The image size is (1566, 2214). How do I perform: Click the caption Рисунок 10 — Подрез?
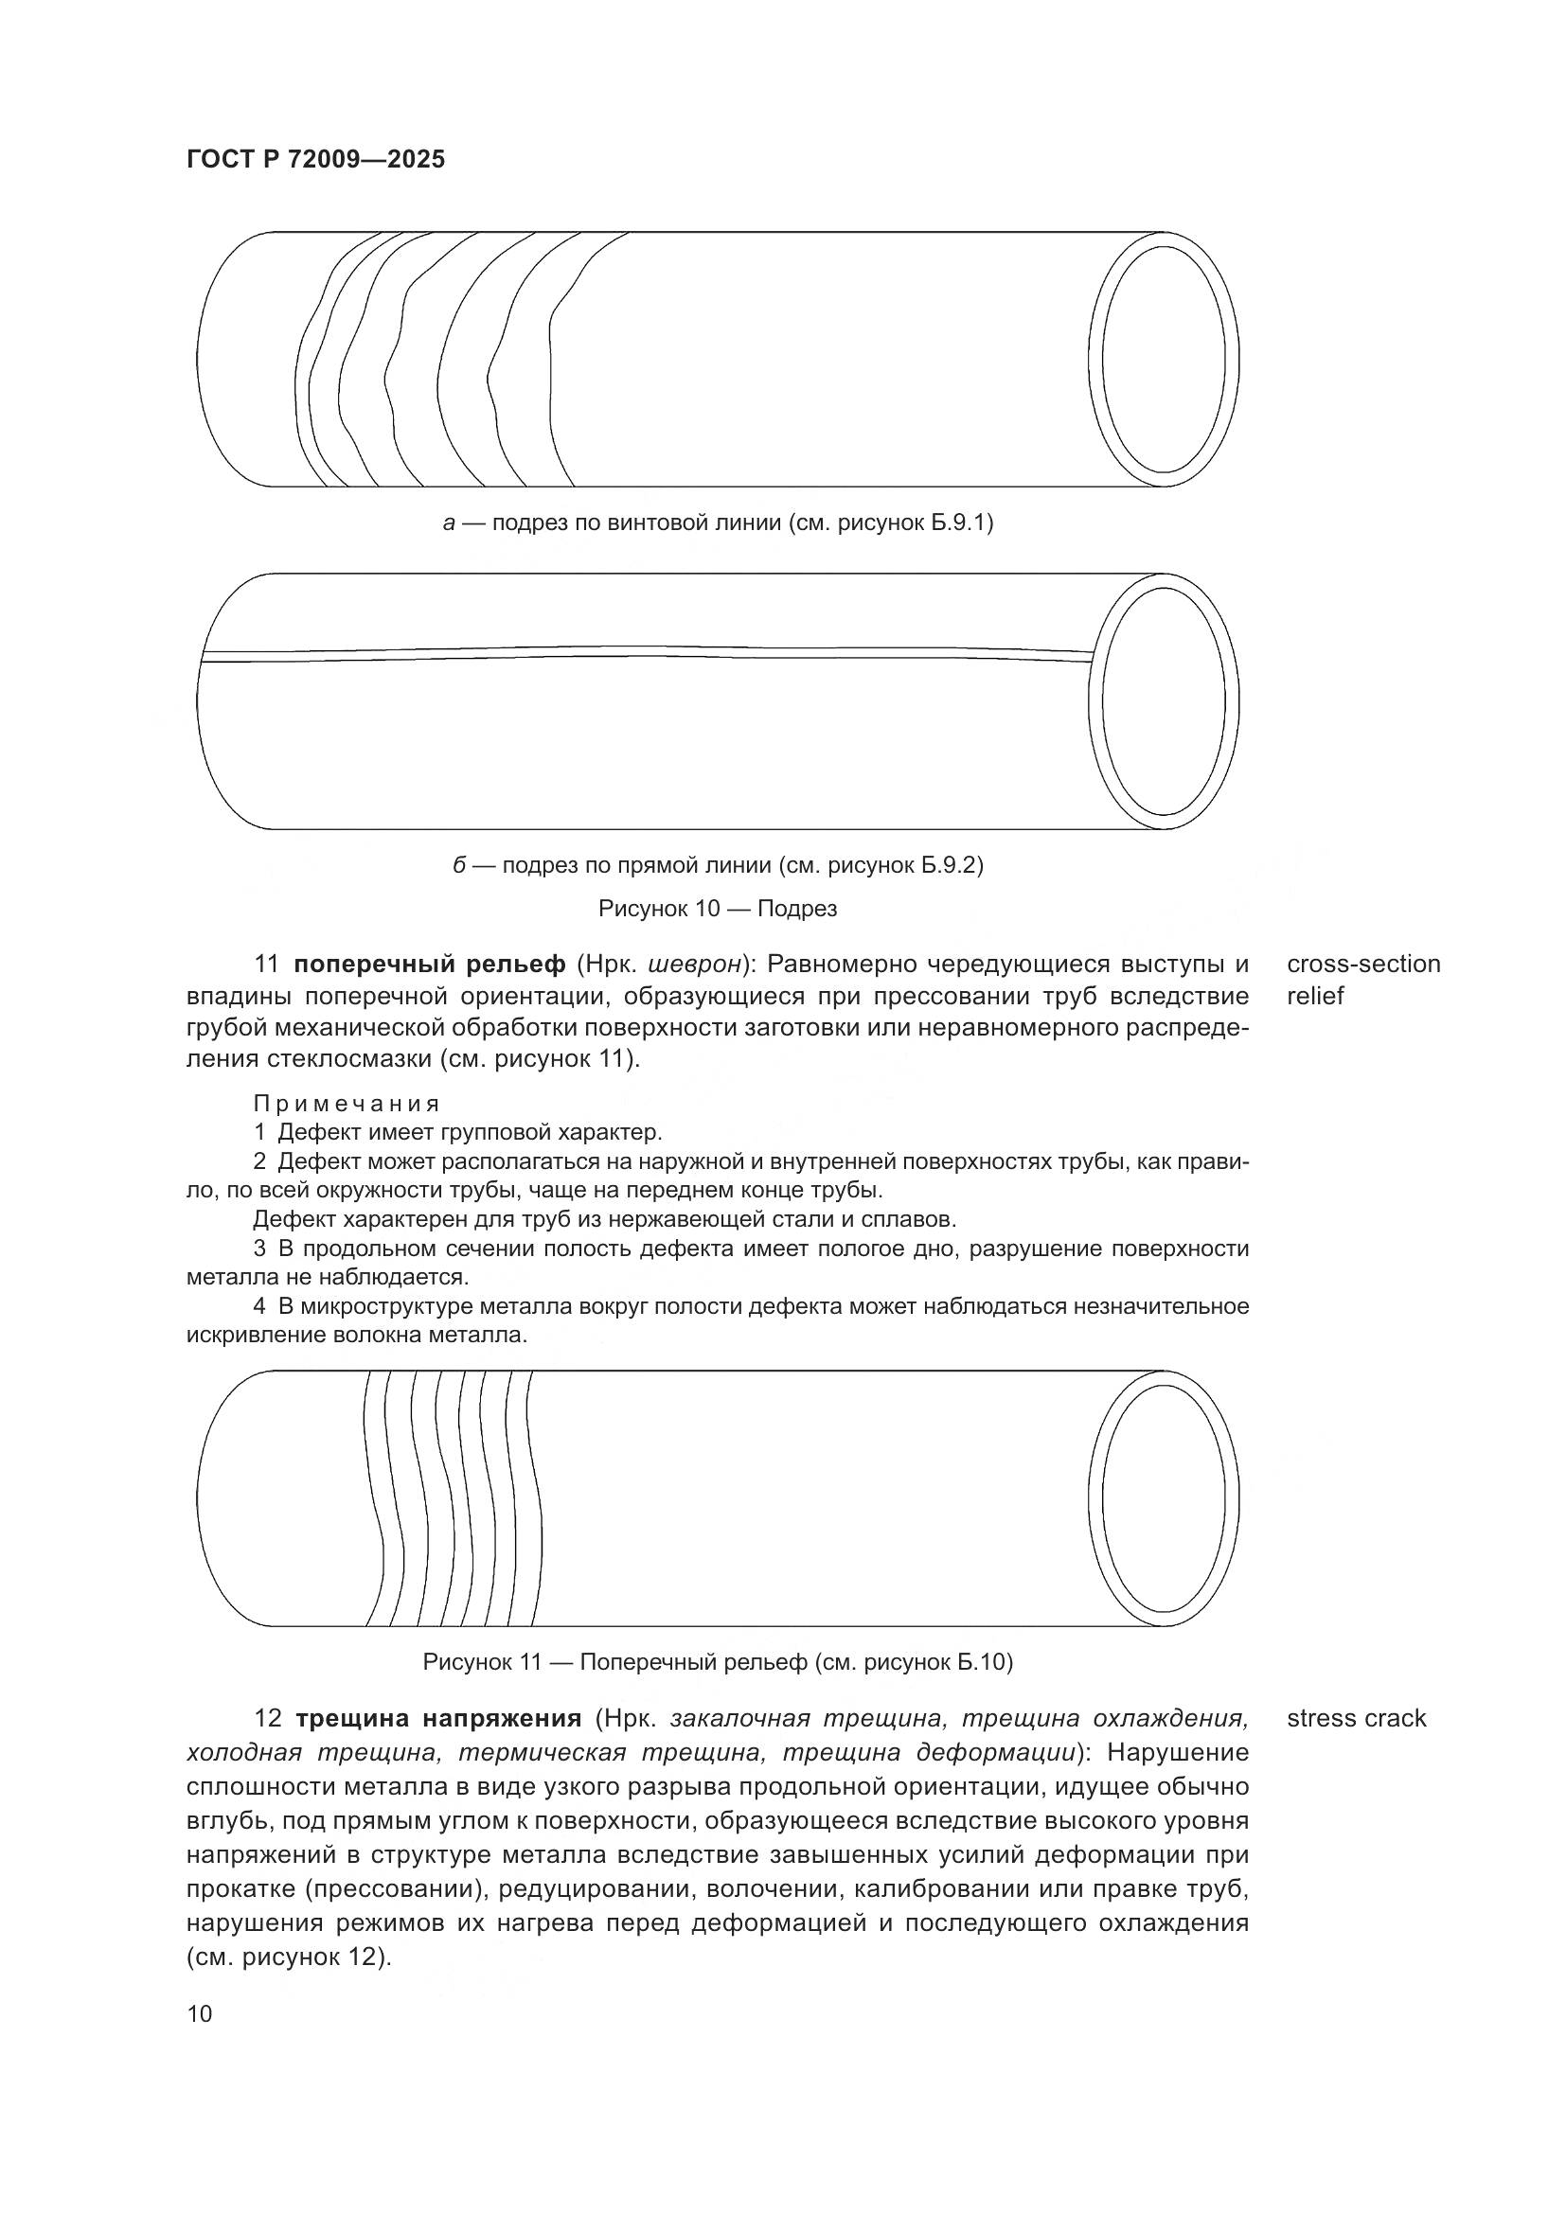click(x=718, y=909)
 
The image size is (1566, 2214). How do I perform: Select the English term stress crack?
click(x=1356, y=1718)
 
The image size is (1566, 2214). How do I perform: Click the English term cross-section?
click(x=1363, y=965)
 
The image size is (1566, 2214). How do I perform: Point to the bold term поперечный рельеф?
click(x=430, y=965)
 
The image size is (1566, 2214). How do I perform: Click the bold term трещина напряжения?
click(x=437, y=1718)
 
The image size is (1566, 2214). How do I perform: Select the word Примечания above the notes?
click(x=347, y=1103)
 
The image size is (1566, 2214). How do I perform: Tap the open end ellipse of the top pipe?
click(x=1164, y=359)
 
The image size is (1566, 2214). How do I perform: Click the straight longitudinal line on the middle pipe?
click(x=646, y=652)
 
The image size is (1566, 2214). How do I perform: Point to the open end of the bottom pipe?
click(x=1164, y=1497)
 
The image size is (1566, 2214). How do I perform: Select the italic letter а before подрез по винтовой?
click(x=449, y=523)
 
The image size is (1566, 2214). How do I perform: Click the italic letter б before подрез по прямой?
click(x=460, y=866)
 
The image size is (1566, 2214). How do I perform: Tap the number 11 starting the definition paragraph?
click(x=266, y=965)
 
